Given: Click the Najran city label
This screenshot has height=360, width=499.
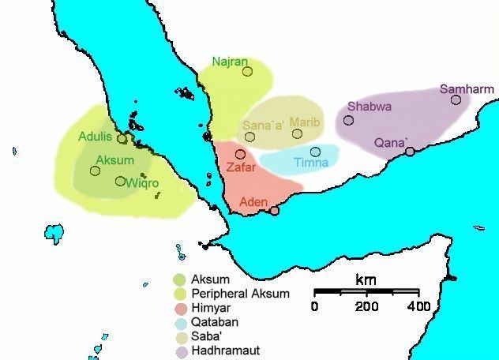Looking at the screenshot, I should click(230, 61).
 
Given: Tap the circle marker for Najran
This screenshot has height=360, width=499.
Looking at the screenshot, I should click(247, 72).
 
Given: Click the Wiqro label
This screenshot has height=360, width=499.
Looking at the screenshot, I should click(142, 183).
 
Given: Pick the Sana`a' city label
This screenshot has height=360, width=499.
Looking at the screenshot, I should click(261, 124).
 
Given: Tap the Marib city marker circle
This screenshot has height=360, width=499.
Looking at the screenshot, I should click(297, 133).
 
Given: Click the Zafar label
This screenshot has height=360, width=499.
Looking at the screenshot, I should click(240, 167).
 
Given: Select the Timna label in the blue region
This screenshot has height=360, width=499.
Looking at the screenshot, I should click(310, 163).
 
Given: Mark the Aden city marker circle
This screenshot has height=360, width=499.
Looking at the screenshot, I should click(274, 210).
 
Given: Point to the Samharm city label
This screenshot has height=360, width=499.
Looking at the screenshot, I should click(460, 89).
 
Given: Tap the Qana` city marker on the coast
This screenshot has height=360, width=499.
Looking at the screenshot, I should click(410, 151).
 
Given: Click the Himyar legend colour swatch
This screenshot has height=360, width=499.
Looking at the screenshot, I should click(180, 308).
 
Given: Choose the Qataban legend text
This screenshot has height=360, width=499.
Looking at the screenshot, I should click(214, 322).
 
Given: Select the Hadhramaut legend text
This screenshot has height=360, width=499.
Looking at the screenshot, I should click(225, 351).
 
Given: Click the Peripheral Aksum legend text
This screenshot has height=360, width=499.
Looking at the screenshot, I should click(240, 294).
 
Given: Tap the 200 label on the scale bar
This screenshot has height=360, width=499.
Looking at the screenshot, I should click(366, 306).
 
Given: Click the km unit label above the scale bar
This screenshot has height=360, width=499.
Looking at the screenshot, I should click(366, 280).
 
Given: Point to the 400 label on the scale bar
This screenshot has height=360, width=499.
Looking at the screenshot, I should click(418, 306).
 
